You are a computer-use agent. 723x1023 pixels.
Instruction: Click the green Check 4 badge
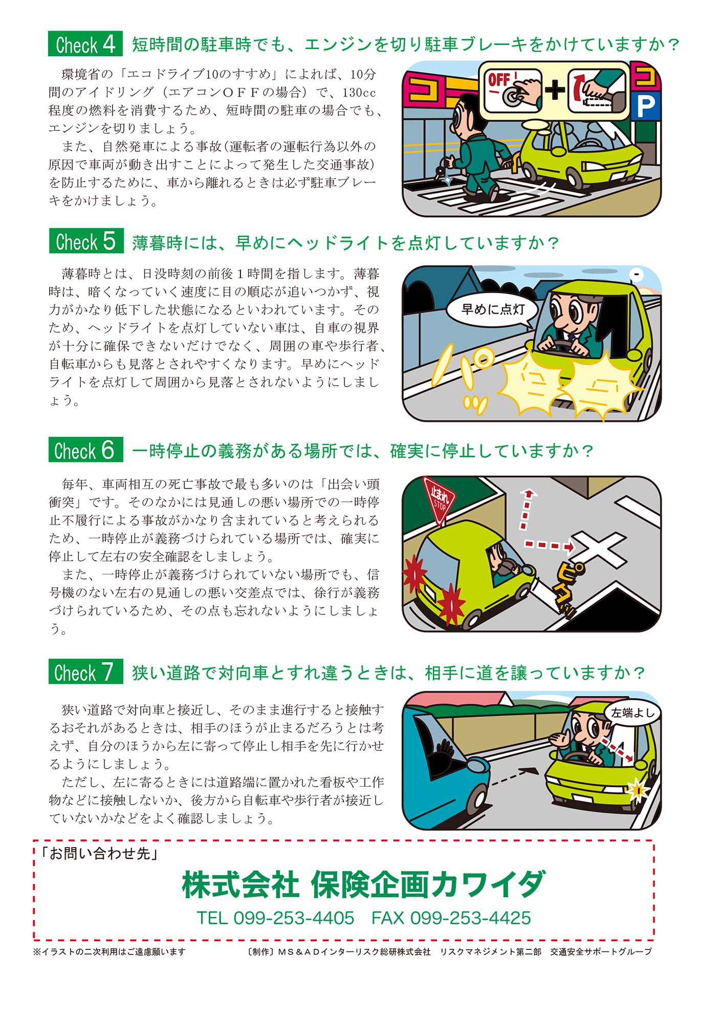coord(85,44)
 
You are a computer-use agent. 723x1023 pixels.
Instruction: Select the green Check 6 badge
coord(85,450)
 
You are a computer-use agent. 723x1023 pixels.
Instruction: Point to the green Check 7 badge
coord(85,672)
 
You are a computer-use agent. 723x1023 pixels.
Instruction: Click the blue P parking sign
coord(645,106)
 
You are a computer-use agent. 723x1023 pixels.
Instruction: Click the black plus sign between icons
coord(555,91)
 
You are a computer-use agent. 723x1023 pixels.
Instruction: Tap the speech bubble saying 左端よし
coord(632,713)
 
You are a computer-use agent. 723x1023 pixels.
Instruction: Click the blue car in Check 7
coord(440,767)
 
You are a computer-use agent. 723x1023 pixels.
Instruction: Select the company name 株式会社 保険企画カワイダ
coord(363,885)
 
